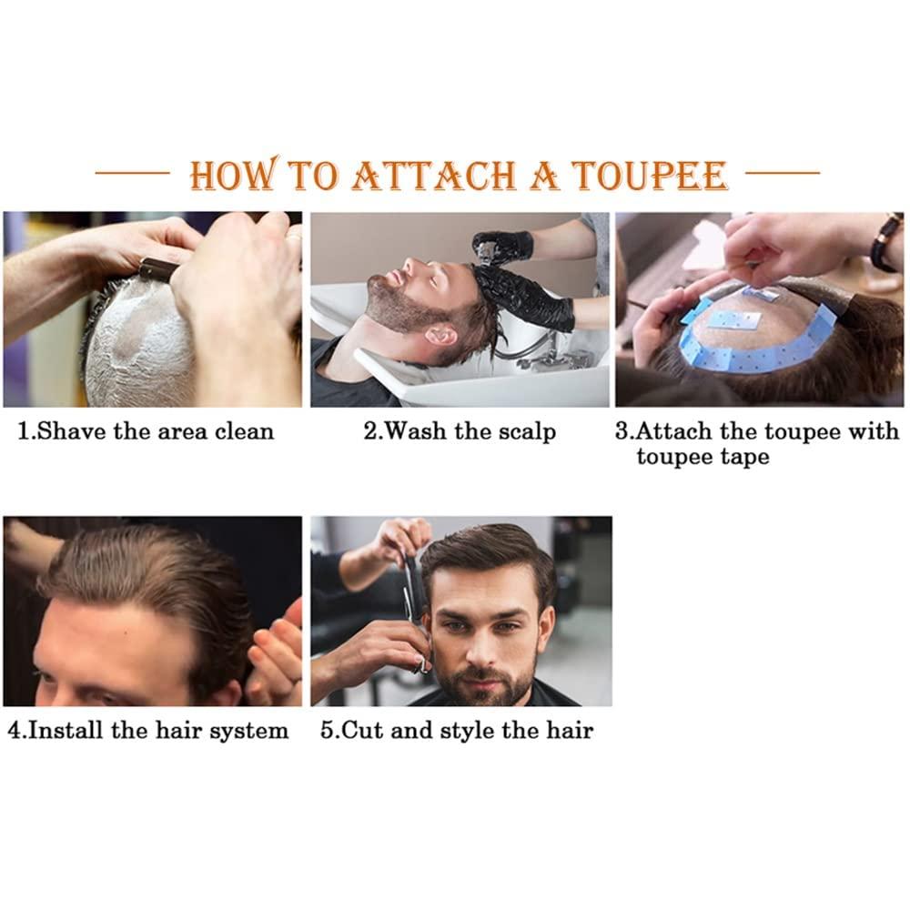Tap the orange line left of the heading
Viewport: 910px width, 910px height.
point(132,171)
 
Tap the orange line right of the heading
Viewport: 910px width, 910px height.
point(782,171)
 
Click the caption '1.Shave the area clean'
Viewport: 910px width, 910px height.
point(146,430)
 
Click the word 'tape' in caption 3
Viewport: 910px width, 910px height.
point(744,456)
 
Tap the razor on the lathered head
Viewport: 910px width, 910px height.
point(157,268)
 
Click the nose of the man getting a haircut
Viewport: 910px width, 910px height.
point(489,640)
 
